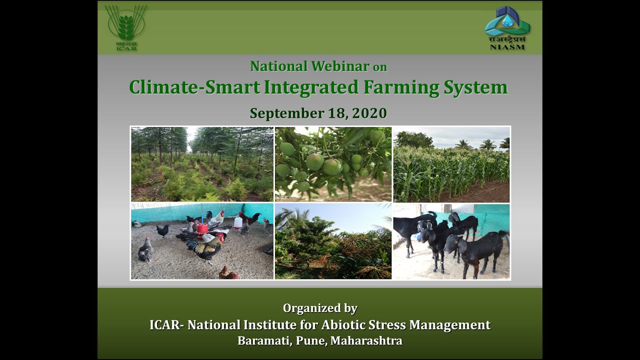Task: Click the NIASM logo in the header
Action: point(507,28)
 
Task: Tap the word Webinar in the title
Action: point(339,66)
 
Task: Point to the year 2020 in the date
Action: point(369,113)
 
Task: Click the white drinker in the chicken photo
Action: point(238,221)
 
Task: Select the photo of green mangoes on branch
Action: point(333,164)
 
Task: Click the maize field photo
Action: point(451,164)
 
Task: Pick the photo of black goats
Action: point(451,241)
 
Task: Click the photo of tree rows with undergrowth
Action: point(202,164)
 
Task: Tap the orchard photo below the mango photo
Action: point(333,241)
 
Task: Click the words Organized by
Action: point(320,308)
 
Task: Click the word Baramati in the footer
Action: point(261,341)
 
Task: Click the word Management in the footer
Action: point(449,325)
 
